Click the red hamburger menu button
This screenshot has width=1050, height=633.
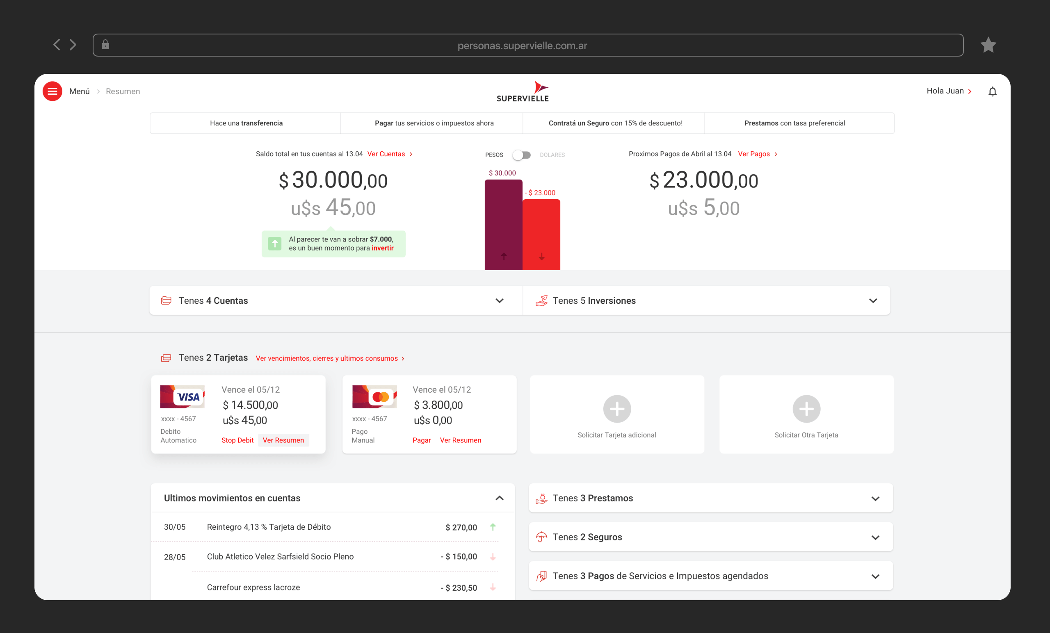(x=52, y=91)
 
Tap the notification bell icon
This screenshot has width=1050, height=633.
(x=992, y=91)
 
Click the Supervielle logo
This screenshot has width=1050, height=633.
(x=523, y=91)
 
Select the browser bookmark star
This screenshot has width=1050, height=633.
(x=988, y=45)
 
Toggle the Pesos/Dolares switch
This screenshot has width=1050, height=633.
(x=522, y=155)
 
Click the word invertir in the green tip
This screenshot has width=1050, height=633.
(x=382, y=248)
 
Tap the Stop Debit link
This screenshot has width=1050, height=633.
(x=237, y=440)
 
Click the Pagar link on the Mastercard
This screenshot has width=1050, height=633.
(x=422, y=440)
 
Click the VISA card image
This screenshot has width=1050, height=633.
(x=183, y=396)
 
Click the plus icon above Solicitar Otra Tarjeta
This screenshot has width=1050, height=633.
(x=806, y=409)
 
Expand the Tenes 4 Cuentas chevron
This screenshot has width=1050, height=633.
(x=500, y=301)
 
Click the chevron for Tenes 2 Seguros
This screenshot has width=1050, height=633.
(x=875, y=537)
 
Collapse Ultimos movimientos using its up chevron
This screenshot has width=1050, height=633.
(x=500, y=498)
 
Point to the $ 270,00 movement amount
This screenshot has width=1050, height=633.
(x=461, y=527)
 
